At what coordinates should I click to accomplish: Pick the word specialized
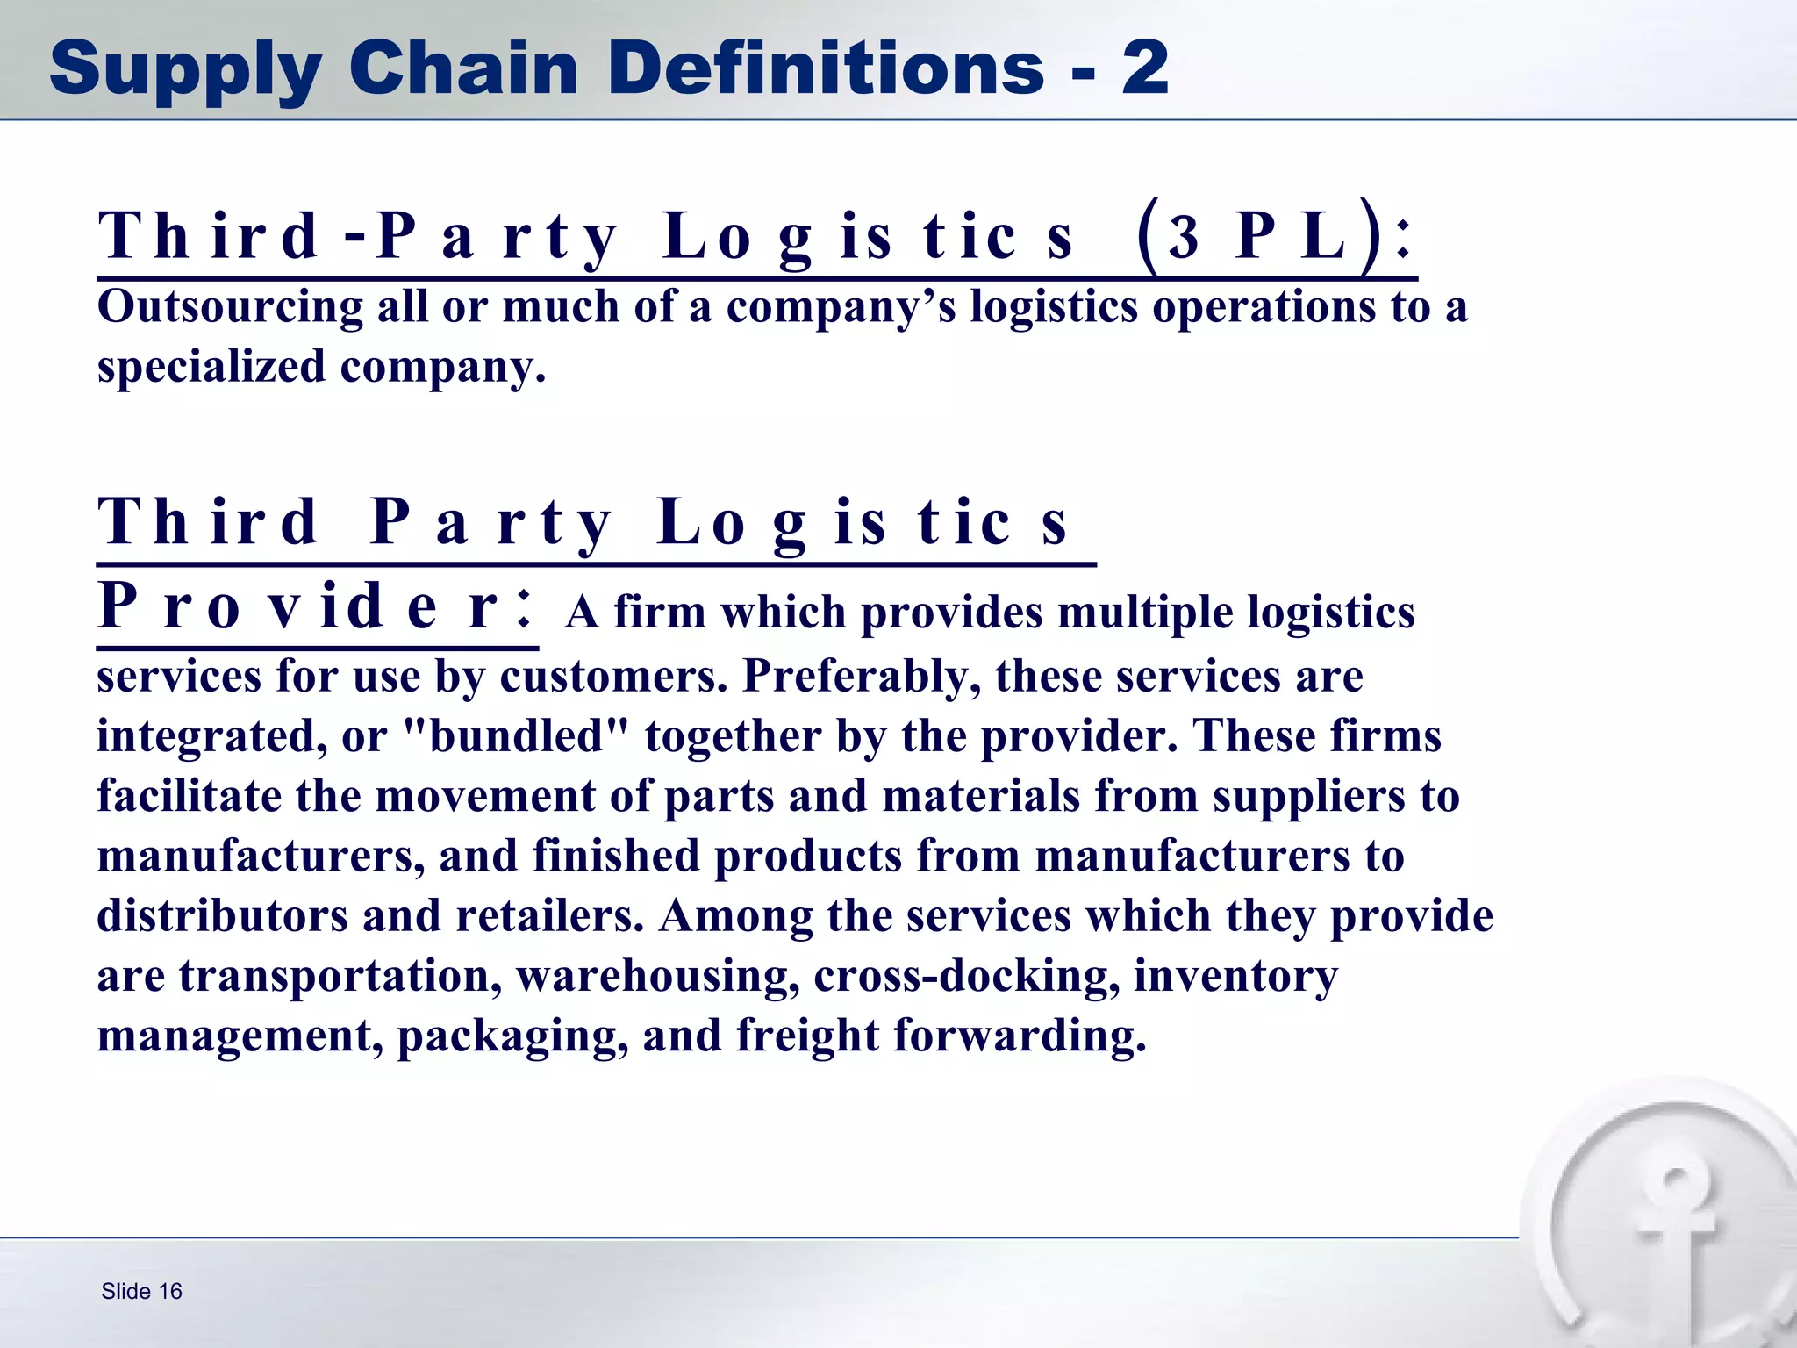click(211, 367)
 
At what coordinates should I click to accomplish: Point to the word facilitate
click(189, 796)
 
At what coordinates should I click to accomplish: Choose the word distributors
click(222, 916)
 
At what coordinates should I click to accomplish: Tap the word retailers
click(549, 916)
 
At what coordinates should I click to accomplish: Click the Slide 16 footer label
click(141, 1291)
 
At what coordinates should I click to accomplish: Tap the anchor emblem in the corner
click(1672, 1229)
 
